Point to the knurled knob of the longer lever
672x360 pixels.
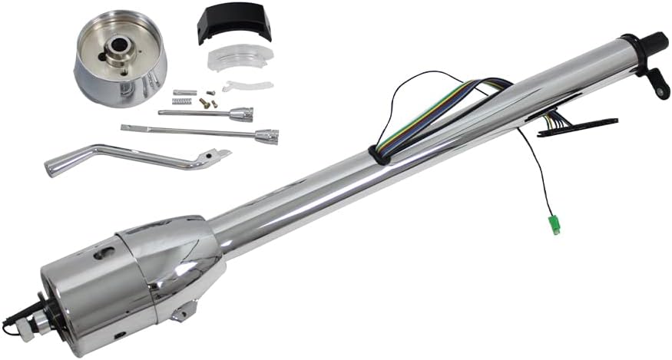272,137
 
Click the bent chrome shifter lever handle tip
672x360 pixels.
55,167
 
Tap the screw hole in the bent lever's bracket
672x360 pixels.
204,160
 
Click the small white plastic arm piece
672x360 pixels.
247,85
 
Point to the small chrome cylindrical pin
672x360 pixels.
181,93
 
